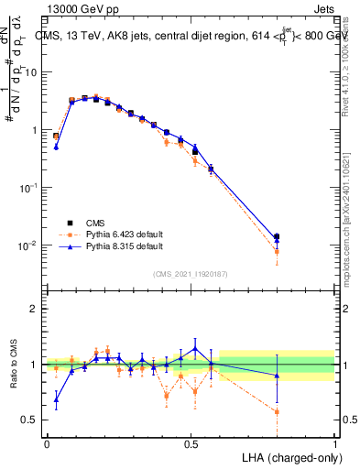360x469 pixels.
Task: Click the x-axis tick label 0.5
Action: (191, 442)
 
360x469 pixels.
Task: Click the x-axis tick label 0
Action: (47, 442)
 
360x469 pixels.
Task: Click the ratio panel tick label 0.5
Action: (30, 420)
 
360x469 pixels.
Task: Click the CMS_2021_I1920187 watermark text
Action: (190, 273)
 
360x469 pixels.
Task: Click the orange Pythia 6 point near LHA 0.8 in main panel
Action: (277, 251)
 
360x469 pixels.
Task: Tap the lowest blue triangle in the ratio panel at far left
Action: (56, 399)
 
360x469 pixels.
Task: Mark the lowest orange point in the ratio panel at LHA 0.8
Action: (277, 411)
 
